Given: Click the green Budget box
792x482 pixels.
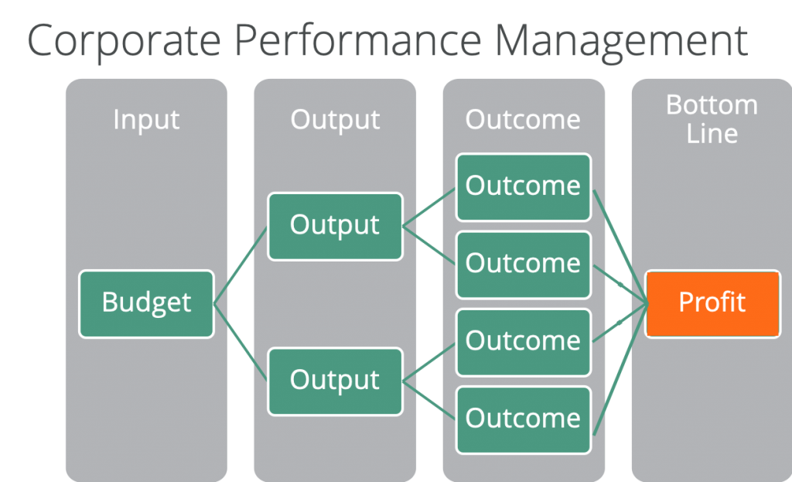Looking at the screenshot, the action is pos(146,304).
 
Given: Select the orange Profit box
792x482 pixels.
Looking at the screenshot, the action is pos(712,304).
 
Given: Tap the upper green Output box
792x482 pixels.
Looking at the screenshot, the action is pos(336,227).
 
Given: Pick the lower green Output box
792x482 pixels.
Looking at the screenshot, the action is pos(336,381).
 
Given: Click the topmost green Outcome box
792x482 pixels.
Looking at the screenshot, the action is pos(524,187).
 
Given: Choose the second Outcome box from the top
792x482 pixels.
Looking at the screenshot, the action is pos(524,265).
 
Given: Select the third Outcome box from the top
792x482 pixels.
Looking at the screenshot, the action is pos(524,343).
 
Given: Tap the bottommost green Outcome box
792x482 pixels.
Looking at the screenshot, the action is pos(524,420).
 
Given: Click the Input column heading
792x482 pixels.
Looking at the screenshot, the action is pos(146,120).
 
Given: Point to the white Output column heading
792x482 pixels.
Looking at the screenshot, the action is pos(336,120).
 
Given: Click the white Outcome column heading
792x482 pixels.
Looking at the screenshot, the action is pos(524,120).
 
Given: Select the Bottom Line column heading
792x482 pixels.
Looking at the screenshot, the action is pos(712,119).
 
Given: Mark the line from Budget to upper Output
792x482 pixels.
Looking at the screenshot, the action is pos(241,265).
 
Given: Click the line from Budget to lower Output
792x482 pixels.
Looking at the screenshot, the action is pos(241,343).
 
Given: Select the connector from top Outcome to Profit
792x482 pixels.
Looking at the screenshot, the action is pos(620,247).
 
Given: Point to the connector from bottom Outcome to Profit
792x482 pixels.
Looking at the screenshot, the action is pos(620,369).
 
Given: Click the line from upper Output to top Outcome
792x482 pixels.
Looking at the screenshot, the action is pos(428,207).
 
